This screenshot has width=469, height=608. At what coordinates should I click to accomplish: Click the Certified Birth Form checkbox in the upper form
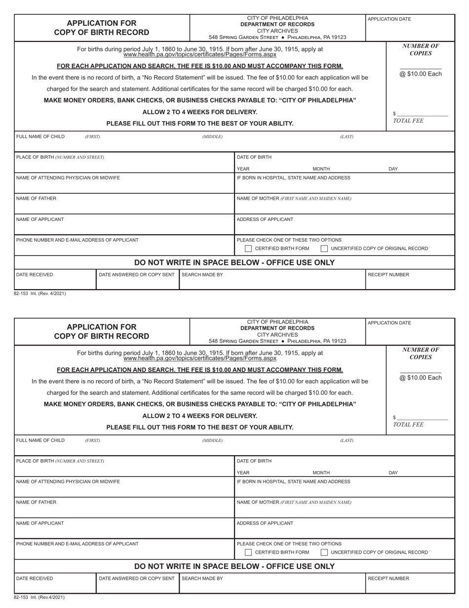(x=248, y=249)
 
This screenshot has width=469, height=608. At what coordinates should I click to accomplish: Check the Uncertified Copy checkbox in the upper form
(x=324, y=249)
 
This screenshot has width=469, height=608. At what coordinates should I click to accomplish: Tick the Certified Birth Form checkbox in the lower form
(x=248, y=552)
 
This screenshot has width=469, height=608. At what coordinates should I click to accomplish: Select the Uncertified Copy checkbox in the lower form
(x=324, y=552)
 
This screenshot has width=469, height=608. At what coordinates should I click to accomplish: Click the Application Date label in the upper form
(x=389, y=19)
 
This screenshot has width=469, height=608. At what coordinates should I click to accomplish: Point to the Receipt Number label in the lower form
(x=389, y=578)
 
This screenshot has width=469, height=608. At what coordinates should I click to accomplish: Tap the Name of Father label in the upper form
(x=37, y=199)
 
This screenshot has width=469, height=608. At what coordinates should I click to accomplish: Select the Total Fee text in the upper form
(x=408, y=121)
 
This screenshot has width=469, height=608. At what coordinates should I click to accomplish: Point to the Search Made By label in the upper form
(x=202, y=275)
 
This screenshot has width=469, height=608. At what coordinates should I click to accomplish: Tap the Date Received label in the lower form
(x=35, y=578)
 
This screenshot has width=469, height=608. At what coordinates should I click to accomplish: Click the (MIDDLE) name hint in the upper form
(x=212, y=137)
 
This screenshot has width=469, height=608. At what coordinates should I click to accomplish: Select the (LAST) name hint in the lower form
(x=347, y=440)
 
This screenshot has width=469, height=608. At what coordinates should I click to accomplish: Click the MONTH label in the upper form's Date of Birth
(x=321, y=169)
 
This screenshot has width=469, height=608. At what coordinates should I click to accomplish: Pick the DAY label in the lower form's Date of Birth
(x=393, y=473)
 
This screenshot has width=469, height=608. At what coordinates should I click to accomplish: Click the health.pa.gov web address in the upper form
(x=200, y=54)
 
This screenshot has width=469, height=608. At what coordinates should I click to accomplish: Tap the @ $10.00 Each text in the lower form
(x=421, y=378)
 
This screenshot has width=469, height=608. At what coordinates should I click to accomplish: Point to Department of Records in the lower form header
(x=277, y=328)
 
